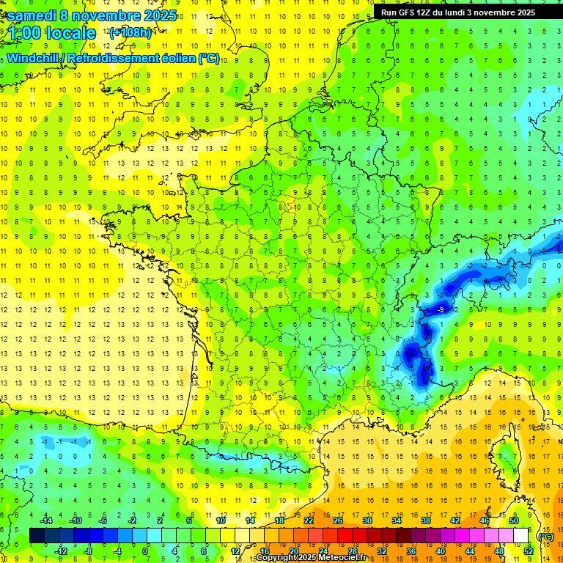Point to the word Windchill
pos(36,58)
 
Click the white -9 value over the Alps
pos(440,311)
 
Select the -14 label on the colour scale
pos(47,520)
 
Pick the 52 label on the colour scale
pos(528,551)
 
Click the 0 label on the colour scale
pos(145,551)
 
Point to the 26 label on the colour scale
pos(337,520)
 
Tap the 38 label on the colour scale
pos(425,520)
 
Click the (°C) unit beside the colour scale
pos(545,536)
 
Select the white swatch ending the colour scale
pos(521,536)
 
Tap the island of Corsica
pos(506,455)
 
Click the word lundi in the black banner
pos(462,12)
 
